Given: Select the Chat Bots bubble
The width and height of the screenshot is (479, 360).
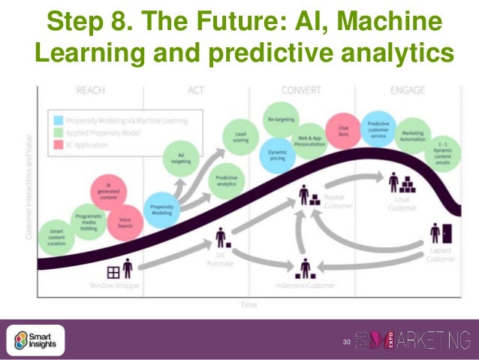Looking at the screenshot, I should tap(343, 131).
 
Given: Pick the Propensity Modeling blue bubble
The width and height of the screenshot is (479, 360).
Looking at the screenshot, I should tap(159, 208).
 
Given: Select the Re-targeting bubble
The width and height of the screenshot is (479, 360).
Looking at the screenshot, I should tap(281, 120).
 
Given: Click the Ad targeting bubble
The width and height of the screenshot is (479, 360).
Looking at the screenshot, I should tap(182, 157).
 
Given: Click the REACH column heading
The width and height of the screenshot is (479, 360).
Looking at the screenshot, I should tap(90, 91).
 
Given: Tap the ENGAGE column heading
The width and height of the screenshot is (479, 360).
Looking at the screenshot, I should tap(408, 91).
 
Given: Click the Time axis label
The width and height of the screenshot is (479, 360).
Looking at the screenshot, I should tap(249, 304).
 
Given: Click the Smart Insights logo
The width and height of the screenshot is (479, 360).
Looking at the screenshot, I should tap(38, 340).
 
